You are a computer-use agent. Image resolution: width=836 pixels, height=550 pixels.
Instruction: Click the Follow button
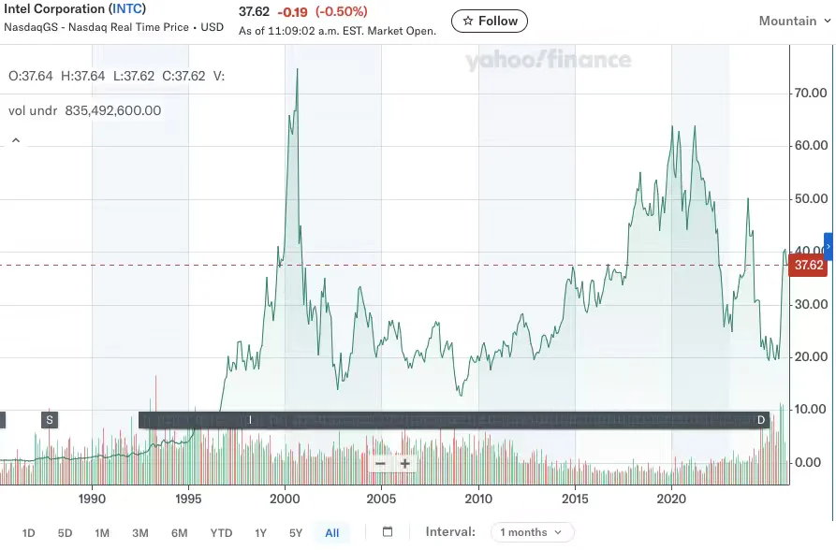pyautogui.click(x=489, y=21)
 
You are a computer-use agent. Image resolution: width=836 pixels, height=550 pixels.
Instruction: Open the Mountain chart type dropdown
pyautogui.click(x=794, y=21)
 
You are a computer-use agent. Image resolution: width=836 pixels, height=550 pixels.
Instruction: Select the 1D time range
pyautogui.click(x=28, y=533)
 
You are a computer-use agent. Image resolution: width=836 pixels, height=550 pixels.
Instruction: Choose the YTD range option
pyautogui.click(x=221, y=533)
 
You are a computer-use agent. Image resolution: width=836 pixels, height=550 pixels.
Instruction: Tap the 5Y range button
pyautogui.click(x=296, y=533)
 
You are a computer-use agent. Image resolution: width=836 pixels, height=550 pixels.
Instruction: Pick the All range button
pyautogui.click(x=331, y=533)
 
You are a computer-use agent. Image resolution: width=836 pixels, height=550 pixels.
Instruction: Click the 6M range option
pyautogui.click(x=179, y=533)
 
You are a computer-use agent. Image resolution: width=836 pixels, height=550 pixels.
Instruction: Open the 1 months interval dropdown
pyautogui.click(x=531, y=532)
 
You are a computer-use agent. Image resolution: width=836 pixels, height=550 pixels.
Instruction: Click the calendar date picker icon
pyautogui.click(x=388, y=532)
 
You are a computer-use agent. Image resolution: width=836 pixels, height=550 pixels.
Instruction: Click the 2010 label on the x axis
pyautogui.click(x=478, y=499)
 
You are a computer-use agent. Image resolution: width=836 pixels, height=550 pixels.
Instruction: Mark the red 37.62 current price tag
pyautogui.click(x=808, y=266)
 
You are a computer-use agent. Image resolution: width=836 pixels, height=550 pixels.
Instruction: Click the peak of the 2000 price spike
pyautogui.click(x=298, y=70)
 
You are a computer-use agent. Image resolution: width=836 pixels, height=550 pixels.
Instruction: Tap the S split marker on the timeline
pyautogui.click(x=49, y=420)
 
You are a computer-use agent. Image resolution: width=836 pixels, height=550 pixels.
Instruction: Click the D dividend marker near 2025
pyautogui.click(x=761, y=420)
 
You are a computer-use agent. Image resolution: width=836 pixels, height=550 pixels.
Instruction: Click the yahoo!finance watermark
pyautogui.click(x=549, y=61)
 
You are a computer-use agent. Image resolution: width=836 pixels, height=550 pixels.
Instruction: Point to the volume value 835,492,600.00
pyautogui.click(x=112, y=110)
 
